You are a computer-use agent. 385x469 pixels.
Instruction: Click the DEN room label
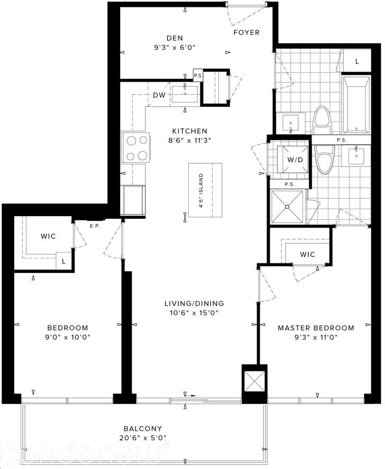click(x=175, y=38)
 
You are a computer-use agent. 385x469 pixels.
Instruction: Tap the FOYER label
click(x=246, y=32)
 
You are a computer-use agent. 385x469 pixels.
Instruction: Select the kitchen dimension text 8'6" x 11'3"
click(x=190, y=140)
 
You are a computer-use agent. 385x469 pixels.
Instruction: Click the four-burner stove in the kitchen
click(x=135, y=148)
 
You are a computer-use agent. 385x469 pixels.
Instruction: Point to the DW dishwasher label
click(x=159, y=95)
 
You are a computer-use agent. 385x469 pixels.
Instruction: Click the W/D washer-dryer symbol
click(x=293, y=160)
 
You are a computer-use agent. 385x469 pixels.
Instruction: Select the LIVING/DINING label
click(x=194, y=304)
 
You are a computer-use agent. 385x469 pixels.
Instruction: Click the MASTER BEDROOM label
click(x=316, y=328)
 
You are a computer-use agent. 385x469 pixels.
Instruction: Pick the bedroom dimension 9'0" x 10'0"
click(x=68, y=338)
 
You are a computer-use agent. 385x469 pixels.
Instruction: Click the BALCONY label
click(x=143, y=429)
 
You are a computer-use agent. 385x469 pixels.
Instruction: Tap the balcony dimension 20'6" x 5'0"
click(x=143, y=438)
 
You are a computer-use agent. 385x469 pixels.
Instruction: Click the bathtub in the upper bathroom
click(x=356, y=105)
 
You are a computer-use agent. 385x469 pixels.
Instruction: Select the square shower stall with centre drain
click(x=287, y=207)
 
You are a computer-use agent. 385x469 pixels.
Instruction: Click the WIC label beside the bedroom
click(x=48, y=236)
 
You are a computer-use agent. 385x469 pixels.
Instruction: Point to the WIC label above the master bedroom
click(x=307, y=254)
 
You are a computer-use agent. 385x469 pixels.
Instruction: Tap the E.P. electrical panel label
click(x=95, y=226)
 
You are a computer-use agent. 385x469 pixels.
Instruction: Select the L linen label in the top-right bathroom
click(x=357, y=61)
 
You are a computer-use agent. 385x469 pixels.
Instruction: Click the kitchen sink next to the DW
click(x=185, y=94)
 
